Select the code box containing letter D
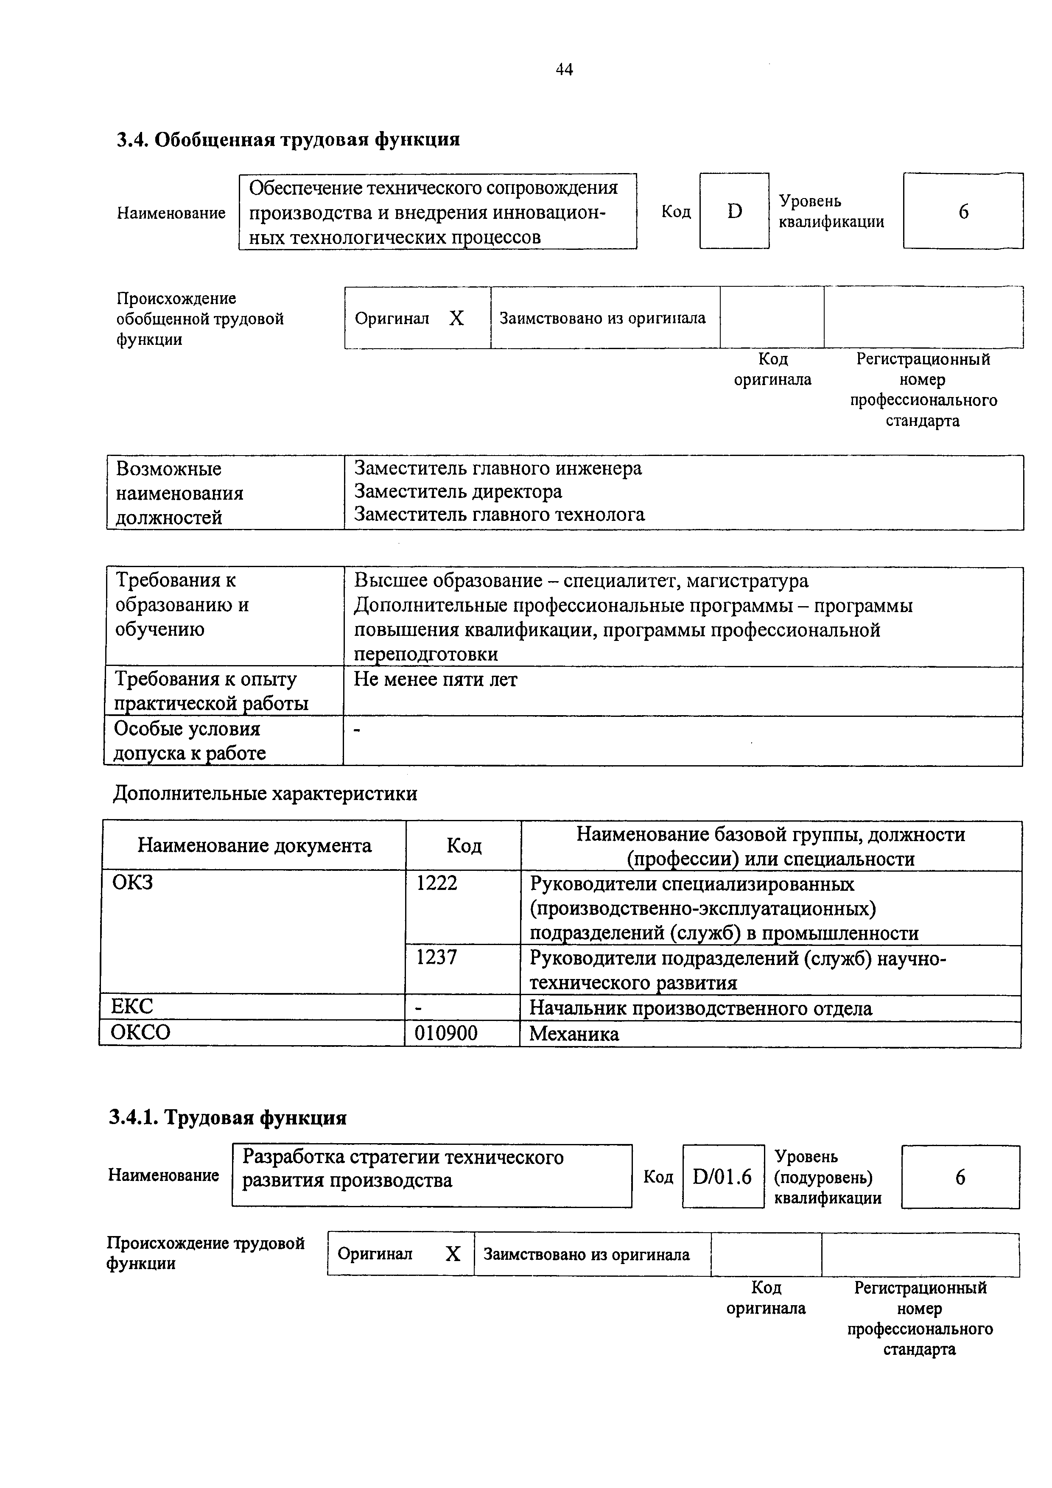click(734, 211)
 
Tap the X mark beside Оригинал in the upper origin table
click(456, 318)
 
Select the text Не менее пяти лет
click(436, 680)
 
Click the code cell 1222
click(437, 883)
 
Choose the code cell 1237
click(437, 957)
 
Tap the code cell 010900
click(446, 1033)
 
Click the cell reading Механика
click(574, 1034)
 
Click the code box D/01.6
click(722, 1176)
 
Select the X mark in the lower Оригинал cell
click(453, 1254)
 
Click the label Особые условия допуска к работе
click(190, 741)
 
